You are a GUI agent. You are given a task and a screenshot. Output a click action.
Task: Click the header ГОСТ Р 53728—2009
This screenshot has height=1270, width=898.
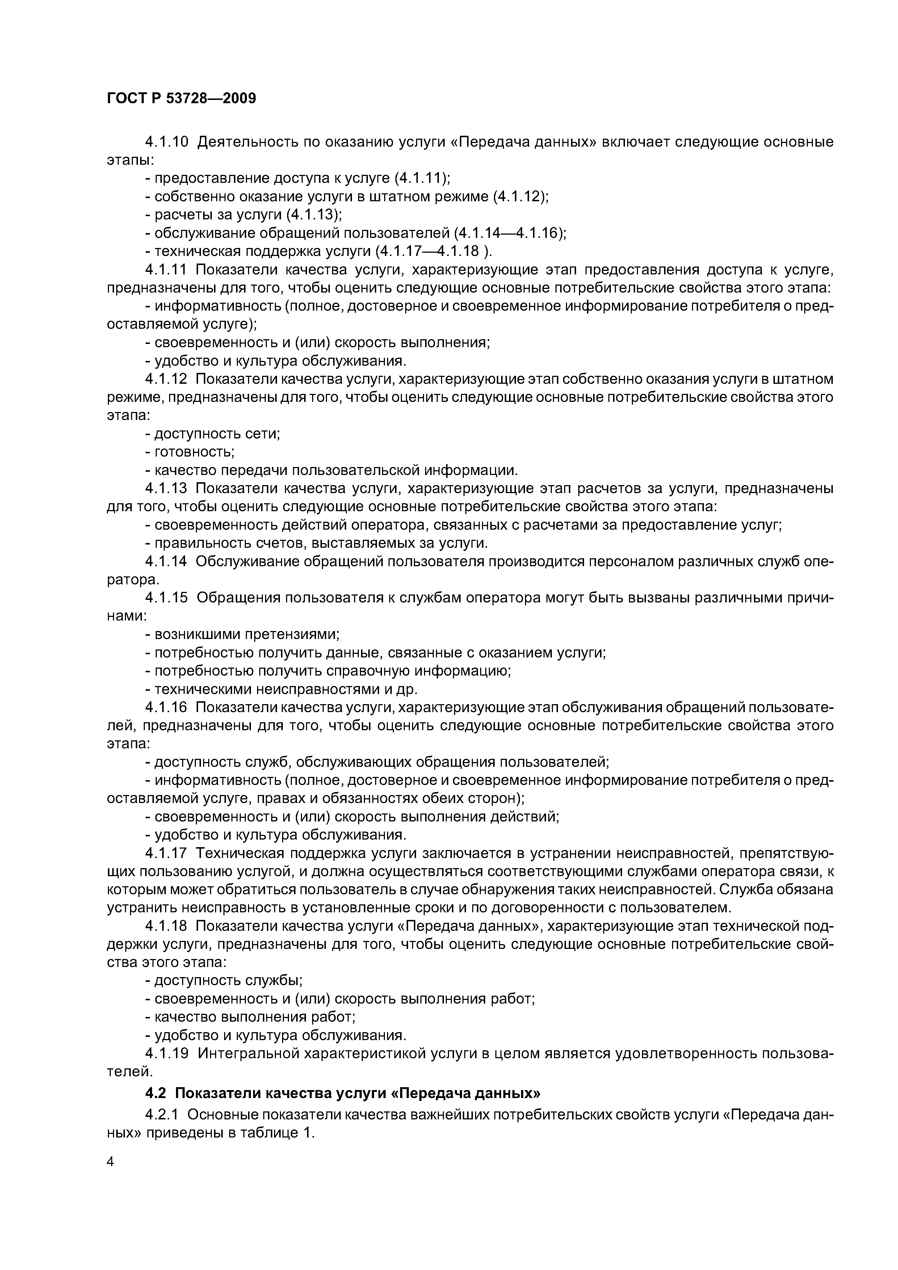click(181, 99)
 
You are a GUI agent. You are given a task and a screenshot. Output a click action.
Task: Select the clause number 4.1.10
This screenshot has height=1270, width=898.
click(167, 142)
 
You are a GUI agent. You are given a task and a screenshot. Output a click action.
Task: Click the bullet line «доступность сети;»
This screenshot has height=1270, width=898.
click(213, 434)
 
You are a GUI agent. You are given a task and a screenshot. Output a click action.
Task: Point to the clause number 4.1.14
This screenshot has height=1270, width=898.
click(167, 562)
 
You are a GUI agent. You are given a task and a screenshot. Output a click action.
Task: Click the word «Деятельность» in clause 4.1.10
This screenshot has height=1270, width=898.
click(246, 142)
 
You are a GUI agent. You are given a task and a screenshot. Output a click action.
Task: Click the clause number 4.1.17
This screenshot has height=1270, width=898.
click(167, 853)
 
